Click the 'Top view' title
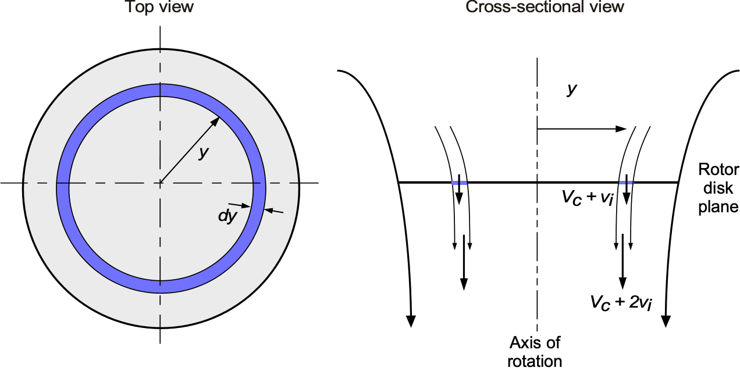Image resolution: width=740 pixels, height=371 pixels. pos(159,8)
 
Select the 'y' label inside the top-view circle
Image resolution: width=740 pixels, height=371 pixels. pos(203,153)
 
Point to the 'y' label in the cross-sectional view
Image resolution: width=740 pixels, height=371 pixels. pos(572,89)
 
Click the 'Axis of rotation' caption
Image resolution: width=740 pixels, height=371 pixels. pos(535,351)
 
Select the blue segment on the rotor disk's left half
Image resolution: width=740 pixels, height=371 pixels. pos(459,183)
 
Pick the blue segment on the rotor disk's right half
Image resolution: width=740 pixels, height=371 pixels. pos(625,183)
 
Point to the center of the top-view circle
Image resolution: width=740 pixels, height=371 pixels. pos(160,183)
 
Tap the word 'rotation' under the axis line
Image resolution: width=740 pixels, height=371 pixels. pos(535,361)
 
